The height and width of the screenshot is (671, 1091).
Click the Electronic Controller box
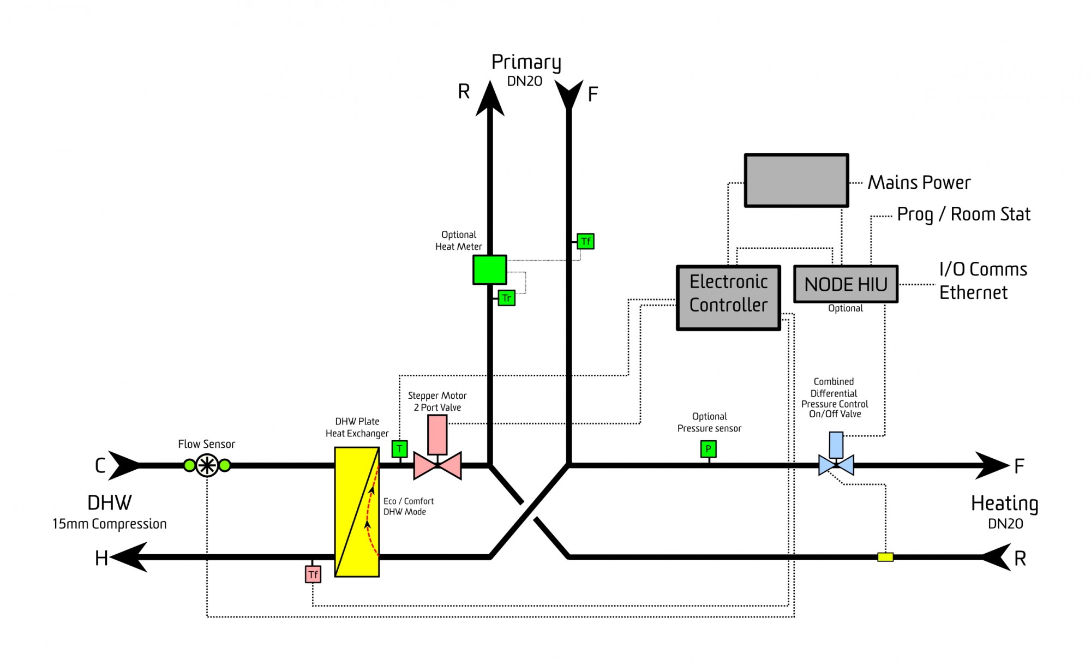click(x=728, y=298)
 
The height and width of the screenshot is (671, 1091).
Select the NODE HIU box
click(x=846, y=284)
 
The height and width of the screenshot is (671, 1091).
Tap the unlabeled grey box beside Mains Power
click(x=796, y=181)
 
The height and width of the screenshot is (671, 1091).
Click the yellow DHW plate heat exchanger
click(x=357, y=512)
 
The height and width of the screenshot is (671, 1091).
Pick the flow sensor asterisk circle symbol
click(x=207, y=466)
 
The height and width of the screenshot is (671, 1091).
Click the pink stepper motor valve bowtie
click(x=437, y=466)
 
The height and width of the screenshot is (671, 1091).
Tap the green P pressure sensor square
click(x=708, y=449)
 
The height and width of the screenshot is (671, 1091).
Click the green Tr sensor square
click(x=506, y=298)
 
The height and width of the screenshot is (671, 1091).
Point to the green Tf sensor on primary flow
click(x=585, y=241)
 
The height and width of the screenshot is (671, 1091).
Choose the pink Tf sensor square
click(x=313, y=574)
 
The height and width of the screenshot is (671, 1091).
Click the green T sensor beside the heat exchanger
click(x=400, y=449)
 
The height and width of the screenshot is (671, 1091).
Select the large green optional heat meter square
click(x=489, y=269)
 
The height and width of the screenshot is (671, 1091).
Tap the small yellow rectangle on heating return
click(x=885, y=557)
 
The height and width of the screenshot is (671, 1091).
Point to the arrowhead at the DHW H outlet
click(x=129, y=557)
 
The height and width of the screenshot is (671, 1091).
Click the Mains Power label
click(x=919, y=182)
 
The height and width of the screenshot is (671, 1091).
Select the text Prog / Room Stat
click(x=964, y=214)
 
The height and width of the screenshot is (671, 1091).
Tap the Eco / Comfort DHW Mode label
click(x=409, y=506)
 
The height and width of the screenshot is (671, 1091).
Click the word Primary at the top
click(x=526, y=63)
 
